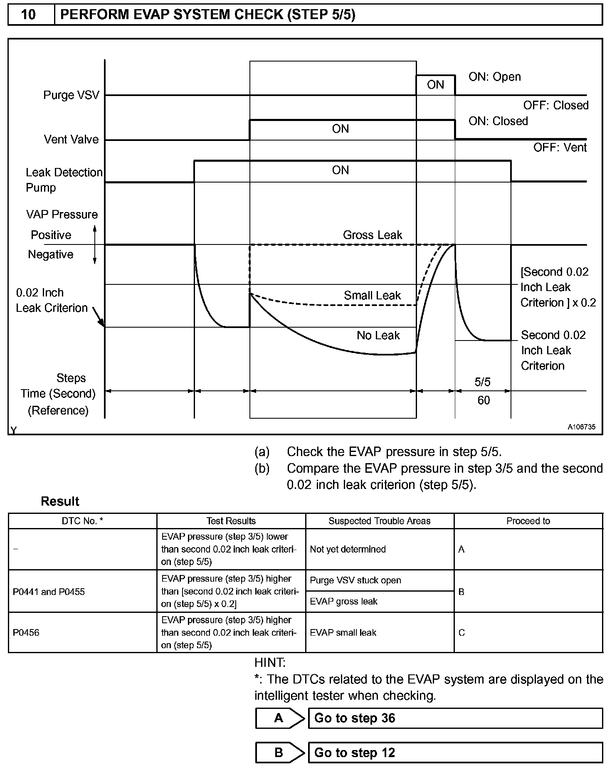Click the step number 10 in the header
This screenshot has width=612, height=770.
28,15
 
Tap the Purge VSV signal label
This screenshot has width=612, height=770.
71,95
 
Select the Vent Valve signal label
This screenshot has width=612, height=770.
71,139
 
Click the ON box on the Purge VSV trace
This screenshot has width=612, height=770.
435,85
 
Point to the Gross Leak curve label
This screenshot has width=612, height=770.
373,235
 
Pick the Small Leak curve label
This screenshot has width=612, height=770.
372,296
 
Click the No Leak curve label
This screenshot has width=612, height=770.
378,336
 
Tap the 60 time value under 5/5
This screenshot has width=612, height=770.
484,400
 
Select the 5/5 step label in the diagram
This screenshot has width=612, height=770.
483,382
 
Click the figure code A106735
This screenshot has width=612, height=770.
582,427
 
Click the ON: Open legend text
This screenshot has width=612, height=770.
494,77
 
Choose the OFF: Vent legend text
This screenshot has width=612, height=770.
560,148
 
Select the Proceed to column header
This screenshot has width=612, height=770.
528,521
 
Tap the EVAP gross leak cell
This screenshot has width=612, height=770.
343,601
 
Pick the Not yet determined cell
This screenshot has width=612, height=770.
348,549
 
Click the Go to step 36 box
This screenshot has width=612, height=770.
455,718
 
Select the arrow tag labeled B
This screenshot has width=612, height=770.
279,753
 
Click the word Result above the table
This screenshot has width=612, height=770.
60,501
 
